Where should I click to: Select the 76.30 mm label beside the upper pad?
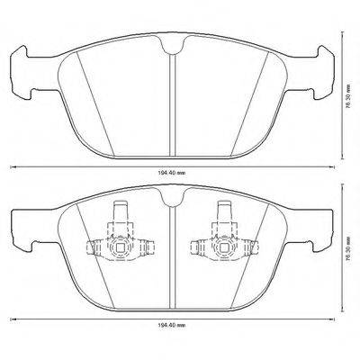348,80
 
